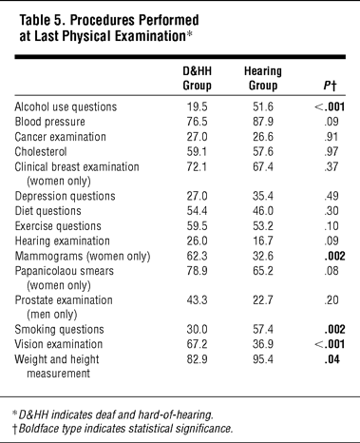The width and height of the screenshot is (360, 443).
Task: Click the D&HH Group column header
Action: pos(197,78)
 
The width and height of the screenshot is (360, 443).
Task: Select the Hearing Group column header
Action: pos(263,78)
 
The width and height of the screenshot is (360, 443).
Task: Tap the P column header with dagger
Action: pos(330,86)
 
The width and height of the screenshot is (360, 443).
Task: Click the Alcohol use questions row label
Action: pos(66,106)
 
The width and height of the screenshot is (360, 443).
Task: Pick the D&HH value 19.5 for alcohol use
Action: pos(197,106)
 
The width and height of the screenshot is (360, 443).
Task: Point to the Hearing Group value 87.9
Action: pos(263,122)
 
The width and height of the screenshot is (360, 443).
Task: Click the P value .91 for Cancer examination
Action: pos(332,137)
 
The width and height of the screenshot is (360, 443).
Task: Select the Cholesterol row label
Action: pos(41,151)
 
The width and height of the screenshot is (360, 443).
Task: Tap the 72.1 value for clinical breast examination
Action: pos(197,166)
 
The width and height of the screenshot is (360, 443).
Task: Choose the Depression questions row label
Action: pos(65,196)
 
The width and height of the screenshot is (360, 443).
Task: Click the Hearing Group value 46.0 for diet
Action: pos(263,211)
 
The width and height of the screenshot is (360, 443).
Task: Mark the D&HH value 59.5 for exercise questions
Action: pos(197,226)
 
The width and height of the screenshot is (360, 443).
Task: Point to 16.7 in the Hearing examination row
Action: pos(263,241)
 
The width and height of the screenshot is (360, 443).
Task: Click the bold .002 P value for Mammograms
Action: pos(334,256)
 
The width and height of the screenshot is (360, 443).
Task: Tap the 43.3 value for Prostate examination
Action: pos(197,299)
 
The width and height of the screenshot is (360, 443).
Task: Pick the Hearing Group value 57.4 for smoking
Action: pos(263,329)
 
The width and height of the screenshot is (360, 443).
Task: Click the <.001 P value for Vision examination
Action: pos(330,344)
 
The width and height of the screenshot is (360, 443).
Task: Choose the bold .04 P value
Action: pos(332,359)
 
